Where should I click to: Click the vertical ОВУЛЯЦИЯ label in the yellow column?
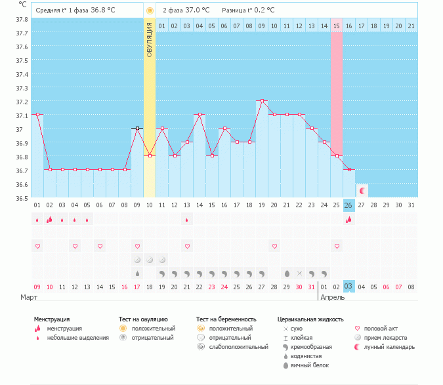[x=150, y=40]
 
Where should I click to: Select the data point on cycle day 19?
[x=262, y=101]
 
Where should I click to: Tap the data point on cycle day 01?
[x=37, y=115]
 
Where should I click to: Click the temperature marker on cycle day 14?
[x=200, y=115]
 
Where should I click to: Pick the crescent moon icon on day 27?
[x=362, y=190]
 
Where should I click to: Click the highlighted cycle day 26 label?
[x=349, y=205]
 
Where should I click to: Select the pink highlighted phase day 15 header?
[x=336, y=26]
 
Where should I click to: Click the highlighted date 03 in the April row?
[x=349, y=286]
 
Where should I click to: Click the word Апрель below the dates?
[x=332, y=297]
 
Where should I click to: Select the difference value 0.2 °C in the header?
[x=261, y=10]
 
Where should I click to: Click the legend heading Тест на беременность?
[x=226, y=319]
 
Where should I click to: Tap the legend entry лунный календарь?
[x=390, y=346]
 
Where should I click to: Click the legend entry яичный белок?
[x=314, y=365]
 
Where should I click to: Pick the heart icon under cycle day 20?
[x=274, y=246]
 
